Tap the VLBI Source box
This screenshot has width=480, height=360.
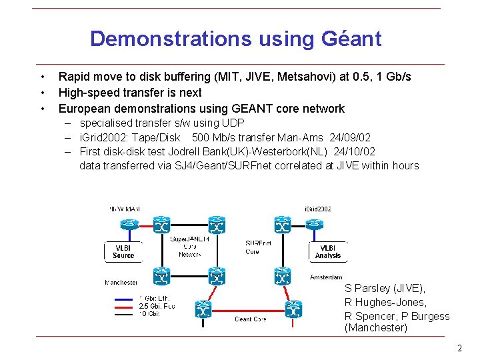coord(123,251)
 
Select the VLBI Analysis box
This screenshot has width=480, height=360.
coord(327,251)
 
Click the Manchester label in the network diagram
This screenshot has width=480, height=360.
coord(121,283)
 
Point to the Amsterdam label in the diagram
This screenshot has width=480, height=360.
coord(326,277)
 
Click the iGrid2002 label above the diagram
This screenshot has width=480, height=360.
coord(318,209)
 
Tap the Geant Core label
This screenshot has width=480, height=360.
coord(250,319)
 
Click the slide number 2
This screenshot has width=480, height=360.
coord(459,349)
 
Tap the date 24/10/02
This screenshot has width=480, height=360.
coord(355,151)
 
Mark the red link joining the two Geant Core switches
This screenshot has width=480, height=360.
coord(248,309)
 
